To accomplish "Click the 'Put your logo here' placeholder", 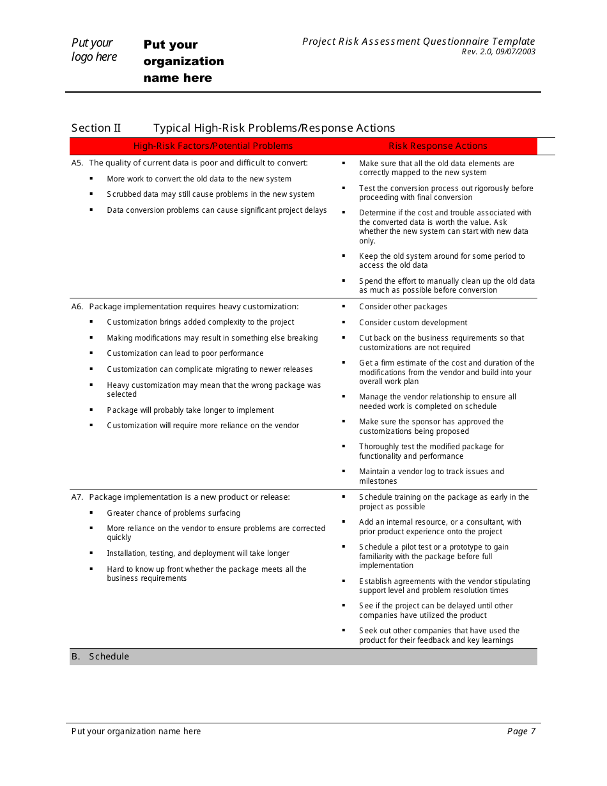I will pos(94,50).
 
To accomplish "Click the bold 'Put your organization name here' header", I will pos(183,61).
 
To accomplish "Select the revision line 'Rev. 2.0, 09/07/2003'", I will pos(498,52).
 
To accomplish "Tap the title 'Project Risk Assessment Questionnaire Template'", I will pos(419,42).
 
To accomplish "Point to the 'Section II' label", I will pos(96,128).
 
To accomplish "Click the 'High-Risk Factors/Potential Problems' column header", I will pos(213,146).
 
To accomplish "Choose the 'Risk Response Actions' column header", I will pos(438,146).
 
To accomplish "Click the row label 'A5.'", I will pos(77,163).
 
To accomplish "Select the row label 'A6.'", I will pos(77,307).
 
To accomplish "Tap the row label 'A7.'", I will pos(77,497).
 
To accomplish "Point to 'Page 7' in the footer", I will pos(521,732).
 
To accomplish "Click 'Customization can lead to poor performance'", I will pos(185,353).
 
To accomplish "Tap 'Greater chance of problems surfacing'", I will pos(173,513).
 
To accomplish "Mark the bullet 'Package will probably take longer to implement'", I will pos(190,410).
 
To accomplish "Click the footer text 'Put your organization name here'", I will pos(136,732).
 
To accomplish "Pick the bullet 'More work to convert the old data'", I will pos(199,180).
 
